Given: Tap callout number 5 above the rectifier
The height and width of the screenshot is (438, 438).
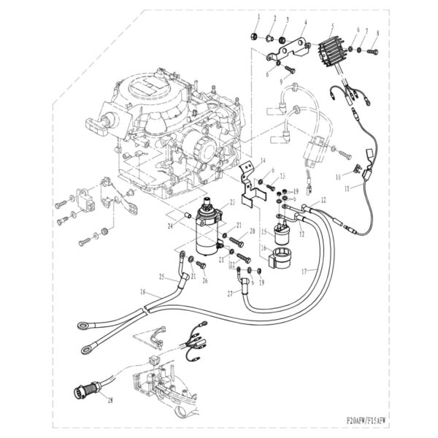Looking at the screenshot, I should tap(332, 26).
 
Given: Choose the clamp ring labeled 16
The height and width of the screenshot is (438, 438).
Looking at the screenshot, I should tap(283, 258).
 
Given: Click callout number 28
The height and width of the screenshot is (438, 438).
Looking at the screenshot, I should tap(110, 400).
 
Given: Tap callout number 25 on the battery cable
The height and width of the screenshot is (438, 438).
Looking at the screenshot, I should tap(162, 277).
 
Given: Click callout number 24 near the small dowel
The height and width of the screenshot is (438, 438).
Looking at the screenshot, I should tap(169, 226).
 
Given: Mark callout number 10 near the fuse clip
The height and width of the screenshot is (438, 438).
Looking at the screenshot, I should tap(338, 177).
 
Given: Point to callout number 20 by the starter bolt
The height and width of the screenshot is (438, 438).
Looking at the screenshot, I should tap(251, 231).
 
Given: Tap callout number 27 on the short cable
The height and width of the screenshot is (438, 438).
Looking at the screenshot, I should tap(229, 293).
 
